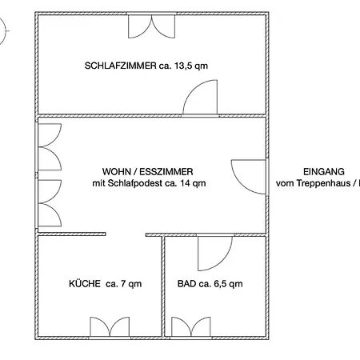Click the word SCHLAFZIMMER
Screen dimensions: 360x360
coord(120,66)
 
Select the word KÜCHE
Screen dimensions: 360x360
coord(85,283)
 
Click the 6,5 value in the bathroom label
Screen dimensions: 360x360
coord(219,284)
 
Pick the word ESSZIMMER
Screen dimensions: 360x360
coord(166,171)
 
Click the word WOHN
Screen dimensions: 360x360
coord(115,171)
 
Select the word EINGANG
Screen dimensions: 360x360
coord(324,171)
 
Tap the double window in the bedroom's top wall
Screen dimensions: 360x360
coord(151,26)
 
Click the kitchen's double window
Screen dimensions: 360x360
coord(110,326)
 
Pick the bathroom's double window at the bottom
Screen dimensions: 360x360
coord(191,326)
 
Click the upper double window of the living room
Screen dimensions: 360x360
coord(50,147)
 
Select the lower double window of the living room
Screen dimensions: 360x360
coord(50,203)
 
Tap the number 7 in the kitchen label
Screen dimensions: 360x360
coord(123,283)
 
